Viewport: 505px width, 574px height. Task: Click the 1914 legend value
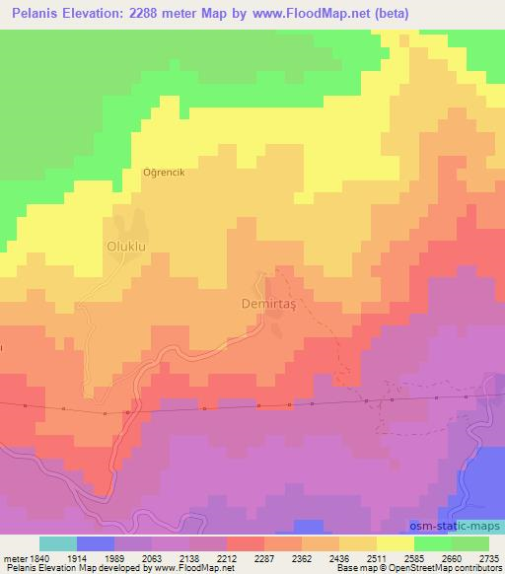pyautogui.click(x=95, y=557)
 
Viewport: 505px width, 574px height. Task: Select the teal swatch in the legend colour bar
pyautogui.click(x=58, y=543)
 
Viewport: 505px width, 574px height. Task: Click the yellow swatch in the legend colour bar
pyautogui.click(x=396, y=543)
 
